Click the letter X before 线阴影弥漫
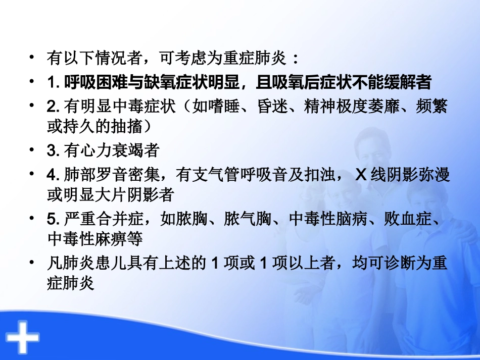[x=361, y=175]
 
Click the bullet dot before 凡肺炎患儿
[x=33, y=263]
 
